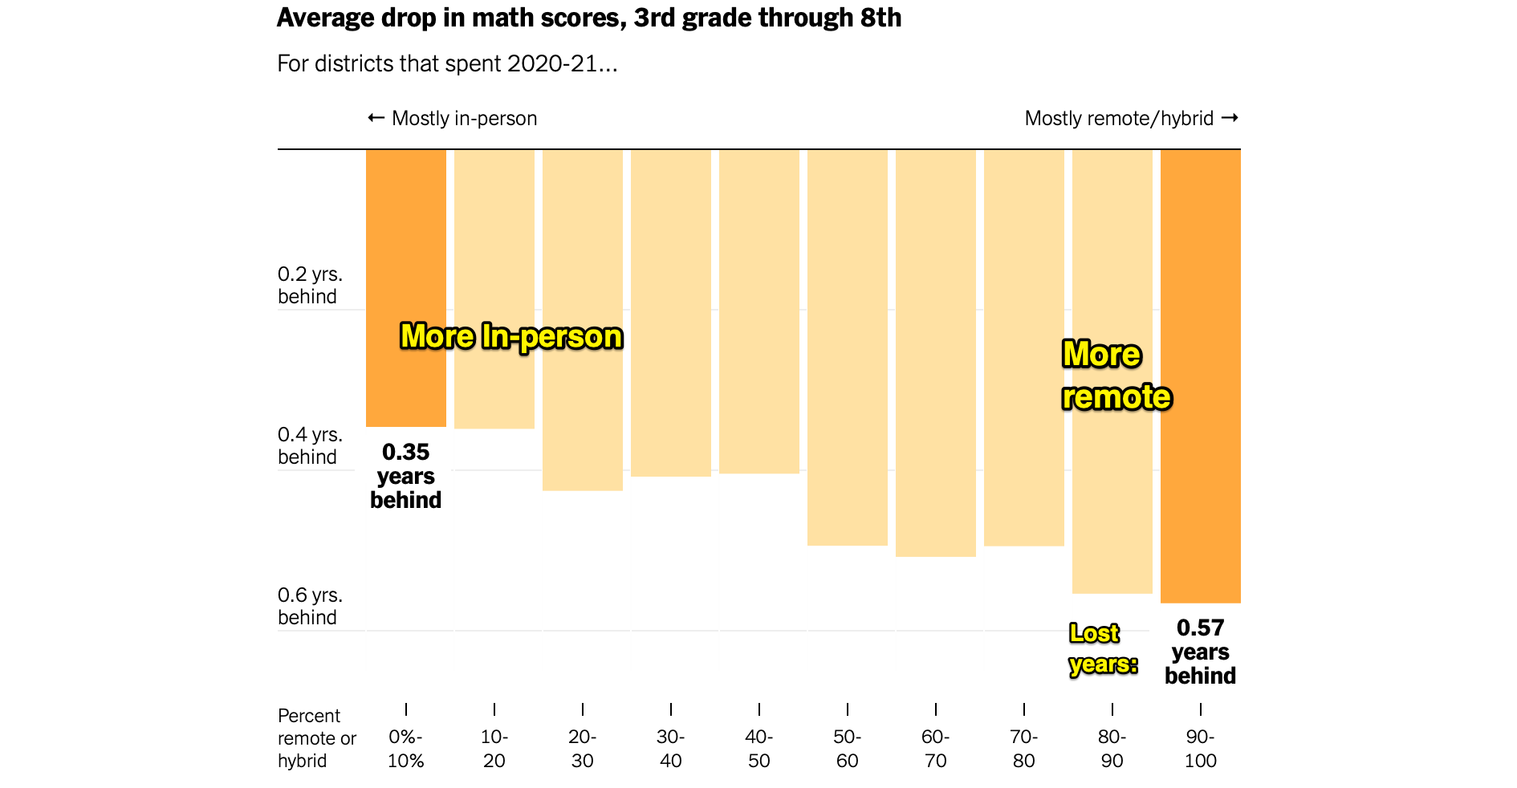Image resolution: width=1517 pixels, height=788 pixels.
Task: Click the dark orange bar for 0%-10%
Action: (x=405, y=241)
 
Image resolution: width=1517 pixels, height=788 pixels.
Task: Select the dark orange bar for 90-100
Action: (x=1200, y=241)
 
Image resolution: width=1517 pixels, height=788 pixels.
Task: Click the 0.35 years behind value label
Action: (x=405, y=476)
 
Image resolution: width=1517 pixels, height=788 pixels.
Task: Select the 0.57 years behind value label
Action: (x=1200, y=652)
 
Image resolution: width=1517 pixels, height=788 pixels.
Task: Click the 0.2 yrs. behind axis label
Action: (x=310, y=285)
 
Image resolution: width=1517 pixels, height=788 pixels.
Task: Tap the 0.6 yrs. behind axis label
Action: (x=310, y=606)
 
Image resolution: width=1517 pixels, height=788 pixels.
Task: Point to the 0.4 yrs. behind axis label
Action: (x=310, y=445)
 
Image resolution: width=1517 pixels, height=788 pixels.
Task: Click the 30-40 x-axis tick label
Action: (x=670, y=749)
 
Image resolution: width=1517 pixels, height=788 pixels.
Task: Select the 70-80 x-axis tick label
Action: (x=1023, y=749)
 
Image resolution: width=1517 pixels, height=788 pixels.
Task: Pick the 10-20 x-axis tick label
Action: (x=494, y=749)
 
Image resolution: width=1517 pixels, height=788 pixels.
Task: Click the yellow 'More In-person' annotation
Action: (x=511, y=336)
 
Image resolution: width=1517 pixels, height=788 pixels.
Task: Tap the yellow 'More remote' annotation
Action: (x=1116, y=376)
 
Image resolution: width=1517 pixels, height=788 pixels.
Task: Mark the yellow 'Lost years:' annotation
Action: (x=1103, y=649)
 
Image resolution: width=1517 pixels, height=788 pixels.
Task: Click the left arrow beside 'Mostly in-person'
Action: (x=376, y=118)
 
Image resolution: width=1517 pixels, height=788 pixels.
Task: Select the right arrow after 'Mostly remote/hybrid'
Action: (x=1229, y=118)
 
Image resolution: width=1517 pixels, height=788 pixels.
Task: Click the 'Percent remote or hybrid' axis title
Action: (x=316, y=738)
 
